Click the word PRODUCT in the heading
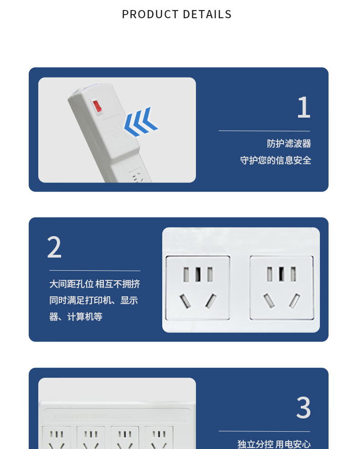[x=150, y=14]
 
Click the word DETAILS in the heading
[x=207, y=14]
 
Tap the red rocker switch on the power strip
[x=97, y=106]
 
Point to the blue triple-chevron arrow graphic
[x=141, y=122]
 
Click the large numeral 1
[x=304, y=108]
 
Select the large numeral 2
[x=54, y=247]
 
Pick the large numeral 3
[x=303, y=407]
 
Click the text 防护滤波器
[x=289, y=144]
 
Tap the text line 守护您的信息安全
[x=276, y=160]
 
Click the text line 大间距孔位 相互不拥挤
[x=95, y=284]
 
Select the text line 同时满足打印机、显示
[x=93, y=300]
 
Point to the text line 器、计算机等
[x=76, y=317]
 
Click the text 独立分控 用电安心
[x=274, y=444]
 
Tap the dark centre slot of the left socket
[x=198, y=274]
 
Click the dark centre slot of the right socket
[x=282, y=274]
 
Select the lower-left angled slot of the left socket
[x=185, y=301]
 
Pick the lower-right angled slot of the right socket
[x=294, y=301]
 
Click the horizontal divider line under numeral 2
[x=95, y=271]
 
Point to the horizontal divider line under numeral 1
[x=264, y=131]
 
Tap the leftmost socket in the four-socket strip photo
[x=57, y=438]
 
